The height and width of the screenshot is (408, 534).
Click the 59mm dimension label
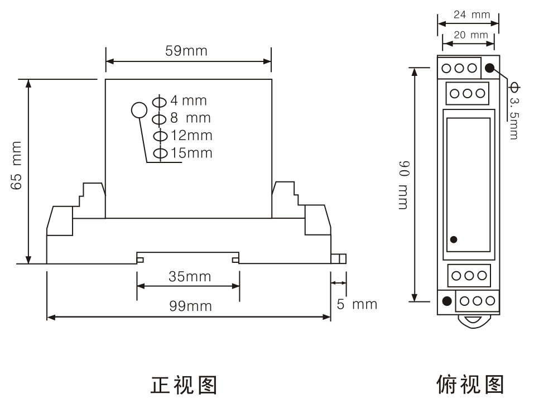186,51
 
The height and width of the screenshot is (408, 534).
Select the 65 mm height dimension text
17,166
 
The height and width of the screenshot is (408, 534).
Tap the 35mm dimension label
190,276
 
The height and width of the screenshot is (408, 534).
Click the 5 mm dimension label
357,304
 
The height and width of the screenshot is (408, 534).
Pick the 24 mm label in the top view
472,15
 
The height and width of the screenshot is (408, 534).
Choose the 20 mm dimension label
470,35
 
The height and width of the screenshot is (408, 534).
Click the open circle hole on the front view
138,111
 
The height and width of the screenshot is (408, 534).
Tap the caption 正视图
184,385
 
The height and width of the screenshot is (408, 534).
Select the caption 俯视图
470,385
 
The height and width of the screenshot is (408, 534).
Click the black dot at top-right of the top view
489,68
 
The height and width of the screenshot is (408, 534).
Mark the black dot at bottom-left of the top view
446,301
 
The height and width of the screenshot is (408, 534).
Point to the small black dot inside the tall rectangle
454,239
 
